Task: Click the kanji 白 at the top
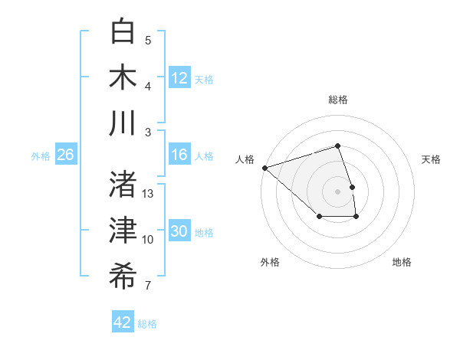pyautogui.click(x=123, y=32)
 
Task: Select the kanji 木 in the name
pyautogui.click(x=123, y=77)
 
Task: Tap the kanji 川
pyautogui.click(x=123, y=123)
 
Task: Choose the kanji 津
pyautogui.click(x=123, y=231)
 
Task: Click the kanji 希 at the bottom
pyautogui.click(x=123, y=277)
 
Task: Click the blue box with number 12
pyautogui.click(x=179, y=77)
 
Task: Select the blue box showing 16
pyautogui.click(x=179, y=155)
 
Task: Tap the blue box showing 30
pyautogui.click(x=179, y=231)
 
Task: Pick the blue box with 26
pyautogui.click(x=65, y=155)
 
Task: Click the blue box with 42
pyautogui.click(x=123, y=322)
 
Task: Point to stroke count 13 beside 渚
pyautogui.click(x=148, y=194)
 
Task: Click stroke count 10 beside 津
pyautogui.click(x=148, y=240)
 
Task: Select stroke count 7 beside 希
pyautogui.click(x=148, y=286)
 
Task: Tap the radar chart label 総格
pyautogui.click(x=338, y=100)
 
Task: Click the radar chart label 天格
pyautogui.click(x=432, y=159)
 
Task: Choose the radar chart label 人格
pyautogui.click(x=245, y=159)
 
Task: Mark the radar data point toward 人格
pyautogui.click(x=264, y=167)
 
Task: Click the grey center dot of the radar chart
pyautogui.click(x=338, y=191)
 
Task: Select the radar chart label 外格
pyautogui.click(x=270, y=262)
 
